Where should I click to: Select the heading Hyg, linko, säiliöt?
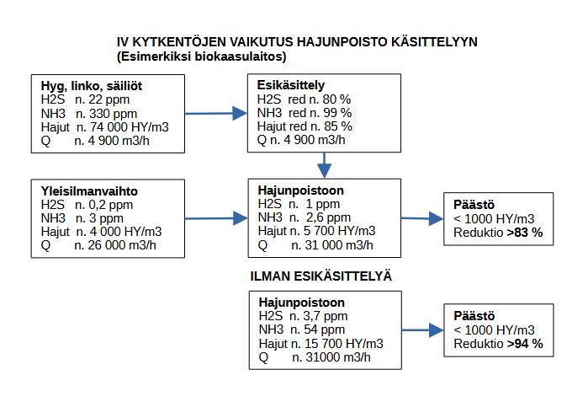point(92,86)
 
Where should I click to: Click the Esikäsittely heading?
point(291,85)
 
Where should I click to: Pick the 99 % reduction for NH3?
point(335,112)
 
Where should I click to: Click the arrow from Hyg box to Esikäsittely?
point(215,112)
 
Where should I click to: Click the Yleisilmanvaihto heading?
point(89,191)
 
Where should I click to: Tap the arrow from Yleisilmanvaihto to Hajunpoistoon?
point(215,218)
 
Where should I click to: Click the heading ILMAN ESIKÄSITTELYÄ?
point(322,276)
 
